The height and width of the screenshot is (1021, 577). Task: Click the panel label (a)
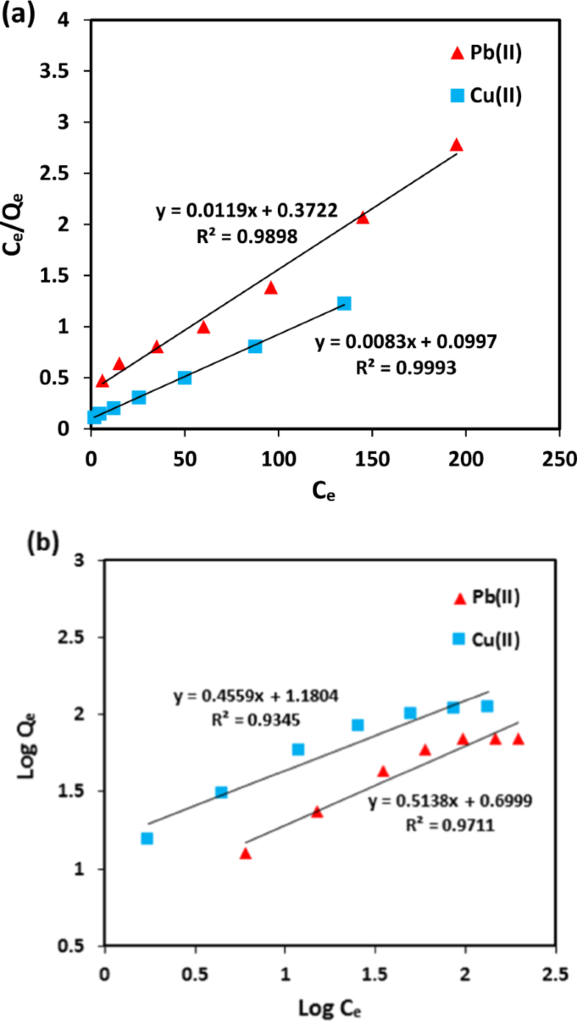[x=18, y=14]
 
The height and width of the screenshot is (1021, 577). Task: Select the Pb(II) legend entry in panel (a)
[x=485, y=53]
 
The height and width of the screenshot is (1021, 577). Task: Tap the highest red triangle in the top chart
[x=456, y=145]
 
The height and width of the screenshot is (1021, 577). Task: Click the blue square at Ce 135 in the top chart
[x=344, y=303]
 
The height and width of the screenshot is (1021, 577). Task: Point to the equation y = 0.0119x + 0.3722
[x=247, y=212]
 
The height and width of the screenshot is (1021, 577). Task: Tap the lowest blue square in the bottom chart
[x=147, y=838]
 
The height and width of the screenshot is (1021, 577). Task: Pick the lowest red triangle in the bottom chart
[x=246, y=854]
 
